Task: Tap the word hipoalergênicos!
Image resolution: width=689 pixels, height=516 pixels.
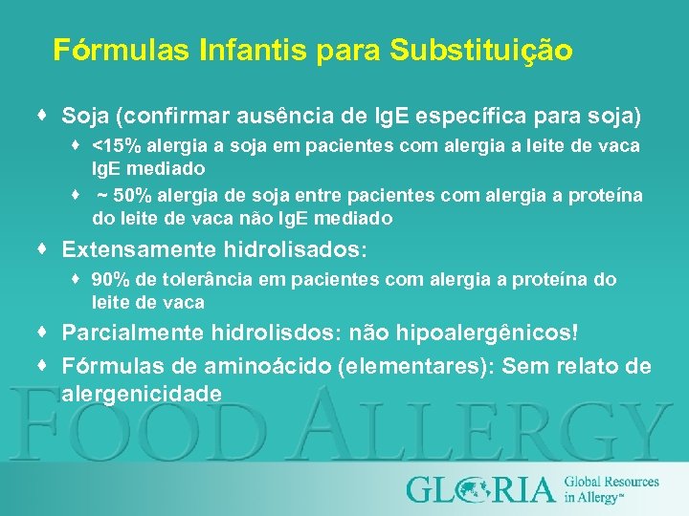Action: pos(492,333)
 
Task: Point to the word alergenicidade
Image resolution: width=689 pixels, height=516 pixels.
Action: pos(142,394)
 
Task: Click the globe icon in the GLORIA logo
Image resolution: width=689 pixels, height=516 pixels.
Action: pos(471,489)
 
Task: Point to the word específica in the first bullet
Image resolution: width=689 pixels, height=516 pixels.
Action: pos(492,117)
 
